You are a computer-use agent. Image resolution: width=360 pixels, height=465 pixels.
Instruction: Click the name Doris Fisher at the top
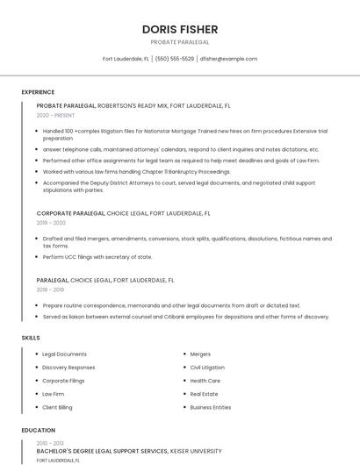click(180, 30)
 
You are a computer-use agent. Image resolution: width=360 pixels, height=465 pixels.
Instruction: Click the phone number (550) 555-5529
click(175, 59)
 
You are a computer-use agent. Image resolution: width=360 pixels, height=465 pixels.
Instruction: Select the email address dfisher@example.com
click(228, 59)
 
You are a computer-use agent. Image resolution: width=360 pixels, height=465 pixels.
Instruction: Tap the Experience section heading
click(38, 92)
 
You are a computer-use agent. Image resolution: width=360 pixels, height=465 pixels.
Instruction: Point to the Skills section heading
click(31, 337)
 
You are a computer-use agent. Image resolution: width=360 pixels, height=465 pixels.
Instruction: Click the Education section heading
click(38, 430)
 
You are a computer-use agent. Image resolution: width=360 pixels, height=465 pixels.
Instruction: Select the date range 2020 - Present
click(55, 115)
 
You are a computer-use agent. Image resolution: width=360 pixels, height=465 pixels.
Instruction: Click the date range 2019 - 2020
click(51, 223)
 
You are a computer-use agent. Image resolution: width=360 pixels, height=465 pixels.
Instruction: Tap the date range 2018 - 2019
click(50, 290)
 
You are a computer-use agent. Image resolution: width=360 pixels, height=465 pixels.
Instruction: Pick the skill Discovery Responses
click(68, 368)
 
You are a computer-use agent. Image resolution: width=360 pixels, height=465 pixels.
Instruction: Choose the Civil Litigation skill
click(207, 368)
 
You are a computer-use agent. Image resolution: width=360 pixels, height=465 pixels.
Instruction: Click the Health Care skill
click(205, 381)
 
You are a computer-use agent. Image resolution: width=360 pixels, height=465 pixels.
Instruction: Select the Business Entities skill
click(211, 407)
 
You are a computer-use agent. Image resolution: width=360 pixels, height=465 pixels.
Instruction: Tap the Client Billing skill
click(57, 407)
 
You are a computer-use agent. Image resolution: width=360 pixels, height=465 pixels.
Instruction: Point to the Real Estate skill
click(204, 394)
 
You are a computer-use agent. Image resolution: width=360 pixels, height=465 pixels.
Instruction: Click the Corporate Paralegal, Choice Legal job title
click(124, 213)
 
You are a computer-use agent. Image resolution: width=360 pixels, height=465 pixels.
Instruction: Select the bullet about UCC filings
click(97, 257)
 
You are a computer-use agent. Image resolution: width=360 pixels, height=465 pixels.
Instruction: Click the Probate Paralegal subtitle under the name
click(180, 41)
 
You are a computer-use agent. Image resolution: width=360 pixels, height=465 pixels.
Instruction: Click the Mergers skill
click(200, 354)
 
